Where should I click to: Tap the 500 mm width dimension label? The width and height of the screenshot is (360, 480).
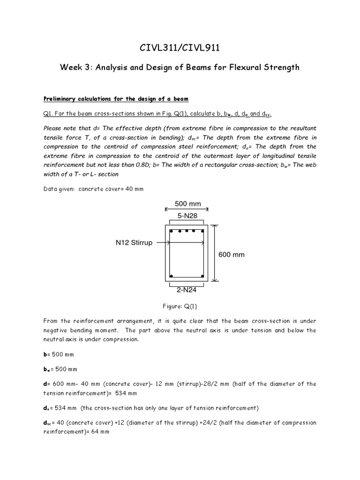187,204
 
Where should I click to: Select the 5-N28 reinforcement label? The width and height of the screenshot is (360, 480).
187,216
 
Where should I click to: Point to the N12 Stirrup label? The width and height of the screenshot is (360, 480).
134,243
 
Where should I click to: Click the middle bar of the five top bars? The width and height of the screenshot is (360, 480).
187,231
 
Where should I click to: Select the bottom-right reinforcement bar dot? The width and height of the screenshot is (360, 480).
202,276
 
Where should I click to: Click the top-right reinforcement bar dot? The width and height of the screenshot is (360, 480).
202,231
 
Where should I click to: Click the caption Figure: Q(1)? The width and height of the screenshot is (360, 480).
180,306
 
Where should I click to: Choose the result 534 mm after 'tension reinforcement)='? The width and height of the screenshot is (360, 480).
125,393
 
